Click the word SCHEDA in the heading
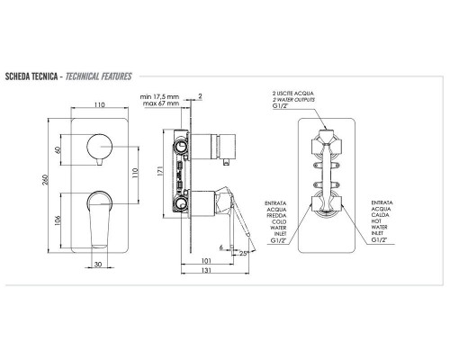(18, 76)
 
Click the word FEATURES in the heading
(116, 76)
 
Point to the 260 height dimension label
(45, 179)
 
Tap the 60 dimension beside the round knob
(58, 149)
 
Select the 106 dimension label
(58, 220)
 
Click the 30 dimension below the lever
(98, 265)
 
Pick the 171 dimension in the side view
(159, 171)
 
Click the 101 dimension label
(206, 261)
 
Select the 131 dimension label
(206, 270)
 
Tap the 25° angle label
(245, 253)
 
